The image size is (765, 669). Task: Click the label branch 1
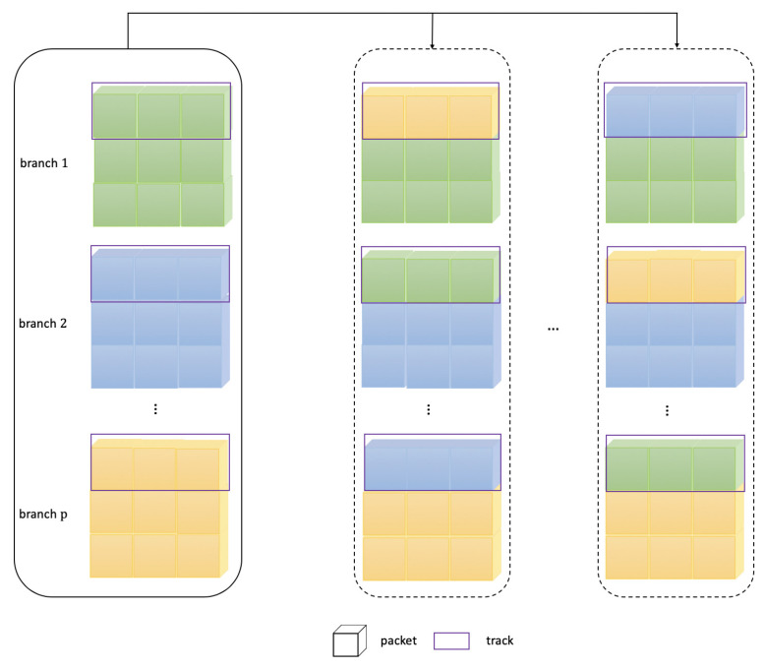coord(45,161)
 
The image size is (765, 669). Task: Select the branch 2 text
coord(45,323)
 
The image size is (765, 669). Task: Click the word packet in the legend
coord(400,640)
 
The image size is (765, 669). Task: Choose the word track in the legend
coord(500,640)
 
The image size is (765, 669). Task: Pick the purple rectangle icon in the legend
coord(453,641)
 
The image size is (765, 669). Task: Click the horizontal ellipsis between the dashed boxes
coord(554,330)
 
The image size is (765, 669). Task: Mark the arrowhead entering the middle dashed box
coord(432,45)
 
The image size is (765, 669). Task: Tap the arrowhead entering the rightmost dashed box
coord(677,45)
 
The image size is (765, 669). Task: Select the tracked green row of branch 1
coord(161,111)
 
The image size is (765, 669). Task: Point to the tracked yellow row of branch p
coord(159,462)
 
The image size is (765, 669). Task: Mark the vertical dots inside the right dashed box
coord(668,411)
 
